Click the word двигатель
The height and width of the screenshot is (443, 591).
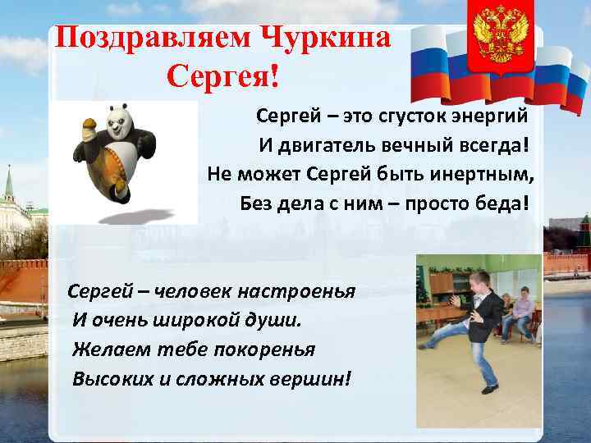point(338,144)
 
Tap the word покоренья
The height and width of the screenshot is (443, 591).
point(259,349)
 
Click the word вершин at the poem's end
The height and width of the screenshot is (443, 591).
point(305,379)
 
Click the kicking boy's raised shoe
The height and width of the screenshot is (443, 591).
point(426,342)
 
